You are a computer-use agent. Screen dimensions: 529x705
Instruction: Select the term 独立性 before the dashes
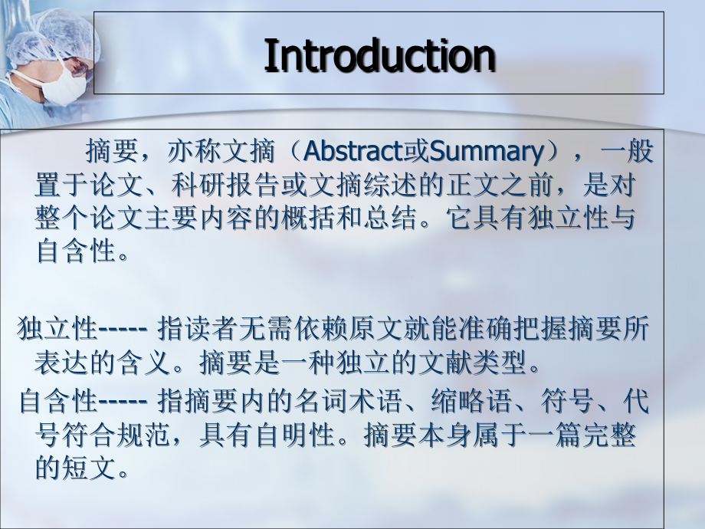[57, 330]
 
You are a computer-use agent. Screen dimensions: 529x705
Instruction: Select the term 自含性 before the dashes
[57, 400]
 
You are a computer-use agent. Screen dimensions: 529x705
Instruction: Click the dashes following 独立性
[123, 330]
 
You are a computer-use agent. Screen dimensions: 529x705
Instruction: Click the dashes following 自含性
[123, 401]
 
